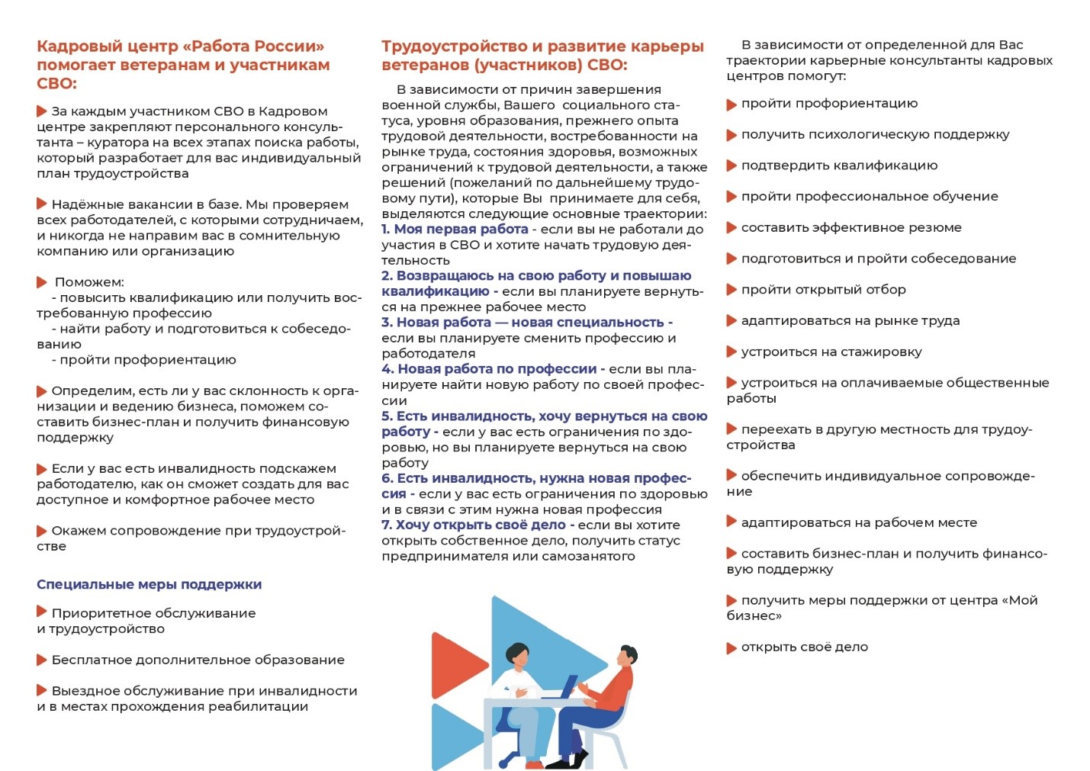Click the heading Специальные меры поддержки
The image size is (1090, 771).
point(149,585)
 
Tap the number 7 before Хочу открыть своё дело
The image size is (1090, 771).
point(386,525)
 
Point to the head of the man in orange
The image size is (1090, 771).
point(627,656)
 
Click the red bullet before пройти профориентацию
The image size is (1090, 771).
point(731,104)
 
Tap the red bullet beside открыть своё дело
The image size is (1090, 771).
point(731,648)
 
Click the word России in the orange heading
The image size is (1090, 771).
point(289,47)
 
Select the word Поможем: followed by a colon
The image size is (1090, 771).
point(89,282)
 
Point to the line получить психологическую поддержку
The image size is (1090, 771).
point(875,135)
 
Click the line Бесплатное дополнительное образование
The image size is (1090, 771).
point(198,660)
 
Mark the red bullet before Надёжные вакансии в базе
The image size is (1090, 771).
point(42,204)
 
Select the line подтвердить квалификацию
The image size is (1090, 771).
point(839,165)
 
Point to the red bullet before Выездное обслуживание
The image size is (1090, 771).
point(42,690)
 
